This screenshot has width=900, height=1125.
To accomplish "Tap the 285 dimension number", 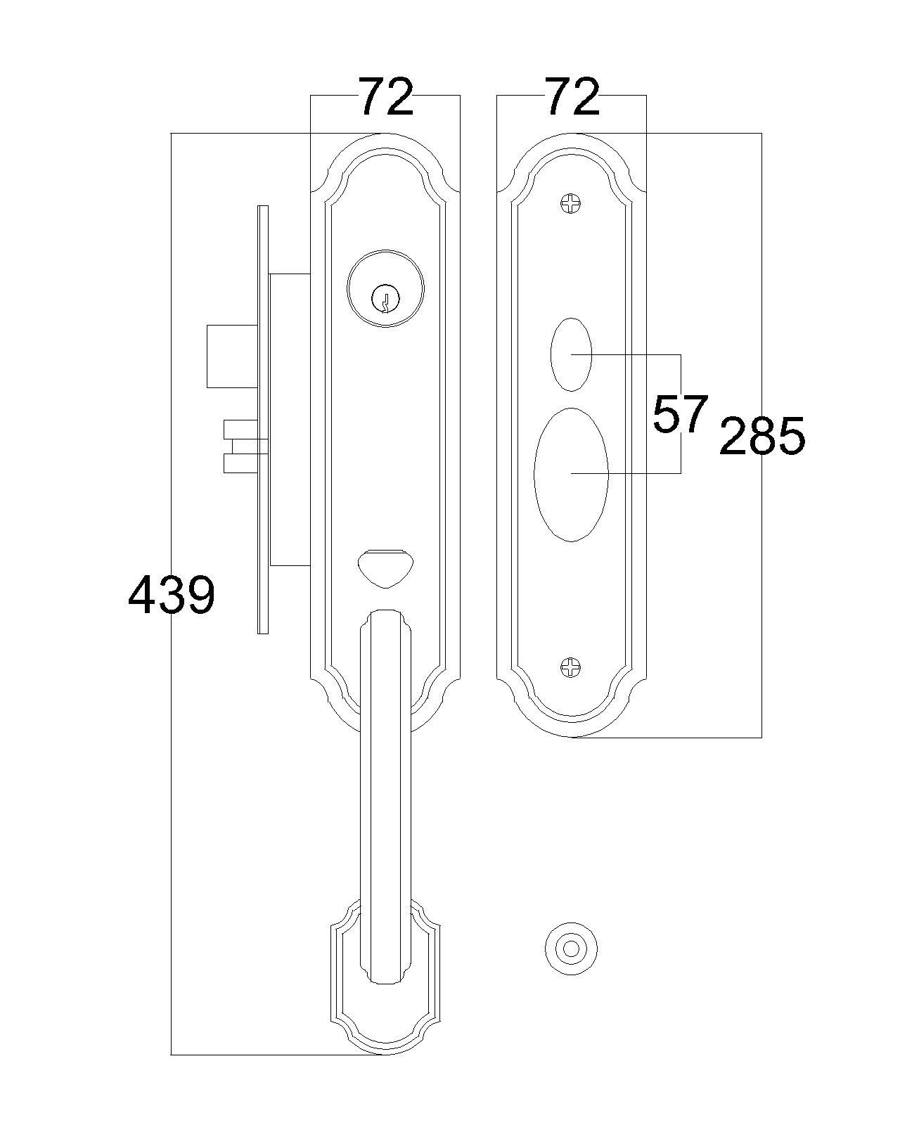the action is [762, 435].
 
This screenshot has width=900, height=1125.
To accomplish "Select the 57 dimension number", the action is [681, 414].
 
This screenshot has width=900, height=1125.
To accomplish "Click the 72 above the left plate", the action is [385, 97].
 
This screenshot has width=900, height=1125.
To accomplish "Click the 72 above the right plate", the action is [572, 97].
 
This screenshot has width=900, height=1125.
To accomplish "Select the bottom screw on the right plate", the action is [571, 667].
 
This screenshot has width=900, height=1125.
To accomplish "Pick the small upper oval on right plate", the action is [571, 354].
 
